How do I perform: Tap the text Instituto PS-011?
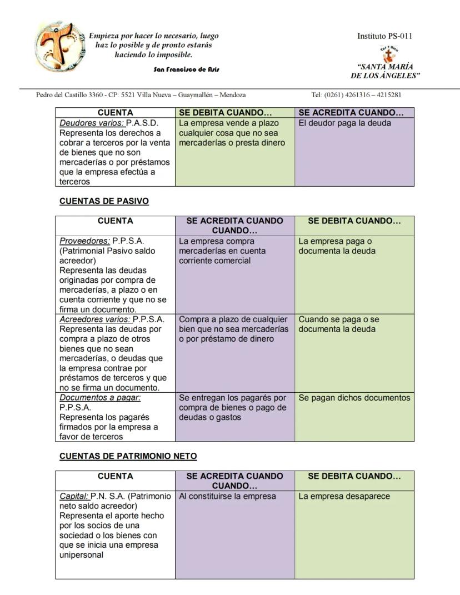click(385, 37)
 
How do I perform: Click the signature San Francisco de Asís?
click(186, 69)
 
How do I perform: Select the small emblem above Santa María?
click(385, 54)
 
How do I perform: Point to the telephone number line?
click(356, 95)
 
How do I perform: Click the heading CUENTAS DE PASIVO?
click(104, 201)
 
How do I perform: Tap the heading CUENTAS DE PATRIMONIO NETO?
click(128, 456)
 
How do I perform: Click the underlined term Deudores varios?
click(92, 123)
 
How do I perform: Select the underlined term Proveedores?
click(85, 241)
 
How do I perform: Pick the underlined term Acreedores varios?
click(95, 319)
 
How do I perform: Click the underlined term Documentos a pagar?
click(100, 398)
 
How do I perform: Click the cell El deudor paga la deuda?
click(344, 123)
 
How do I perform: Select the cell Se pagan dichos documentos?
click(354, 398)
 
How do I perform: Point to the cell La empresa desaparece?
click(344, 496)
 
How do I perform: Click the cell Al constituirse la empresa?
click(227, 496)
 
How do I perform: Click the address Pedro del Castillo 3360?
click(78, 95)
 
